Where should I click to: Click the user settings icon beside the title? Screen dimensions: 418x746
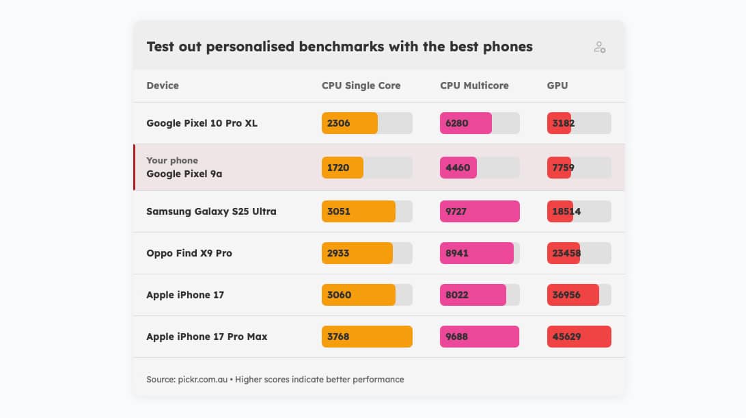599,47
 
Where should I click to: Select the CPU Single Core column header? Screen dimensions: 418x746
361,86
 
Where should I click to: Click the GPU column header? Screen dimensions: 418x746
557,86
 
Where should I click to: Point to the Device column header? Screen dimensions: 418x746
163,86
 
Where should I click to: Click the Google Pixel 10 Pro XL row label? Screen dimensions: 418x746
202,123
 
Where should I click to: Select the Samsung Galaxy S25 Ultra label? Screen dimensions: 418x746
211,211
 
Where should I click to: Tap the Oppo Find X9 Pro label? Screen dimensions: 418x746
189,253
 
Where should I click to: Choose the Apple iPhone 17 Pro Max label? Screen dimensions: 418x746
206,337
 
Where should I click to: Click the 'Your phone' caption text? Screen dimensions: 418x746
172,160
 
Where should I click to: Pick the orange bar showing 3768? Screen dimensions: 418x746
367,337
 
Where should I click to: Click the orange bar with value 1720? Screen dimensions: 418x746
342,168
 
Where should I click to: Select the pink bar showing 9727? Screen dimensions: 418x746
480,211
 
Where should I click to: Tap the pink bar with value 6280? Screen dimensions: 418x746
466,123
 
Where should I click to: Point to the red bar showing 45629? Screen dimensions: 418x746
579,337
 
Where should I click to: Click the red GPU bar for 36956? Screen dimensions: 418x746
572,295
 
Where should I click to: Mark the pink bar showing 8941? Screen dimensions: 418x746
476,253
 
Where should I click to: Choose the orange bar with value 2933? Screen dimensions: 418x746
357,253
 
